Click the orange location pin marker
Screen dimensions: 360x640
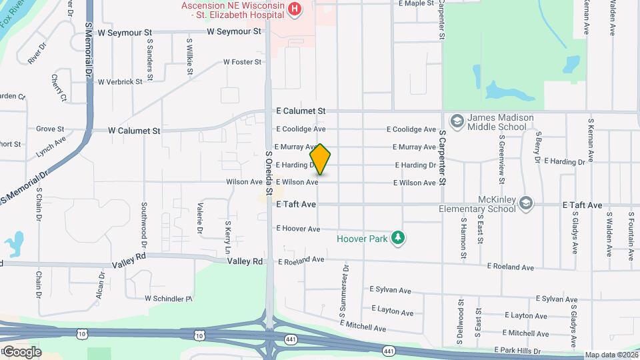click(321, 159)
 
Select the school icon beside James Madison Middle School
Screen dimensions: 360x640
click(457, 121)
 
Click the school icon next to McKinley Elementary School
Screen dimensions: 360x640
click(526, 203)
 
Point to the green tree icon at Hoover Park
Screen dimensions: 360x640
click(399, 237)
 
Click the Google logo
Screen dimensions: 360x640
click(21, 351)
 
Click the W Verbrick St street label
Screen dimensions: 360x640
click(120, 82)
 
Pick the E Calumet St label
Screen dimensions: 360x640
click(301, 111)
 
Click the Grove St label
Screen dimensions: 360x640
click(50, 129)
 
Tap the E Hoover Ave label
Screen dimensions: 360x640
click(298, 229)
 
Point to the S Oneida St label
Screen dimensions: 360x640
click(269, 172)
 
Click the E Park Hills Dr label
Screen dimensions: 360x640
click(522, 350)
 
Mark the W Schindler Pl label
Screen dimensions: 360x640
click(168, 298)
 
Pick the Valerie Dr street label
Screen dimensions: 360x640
click(199, 217)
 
